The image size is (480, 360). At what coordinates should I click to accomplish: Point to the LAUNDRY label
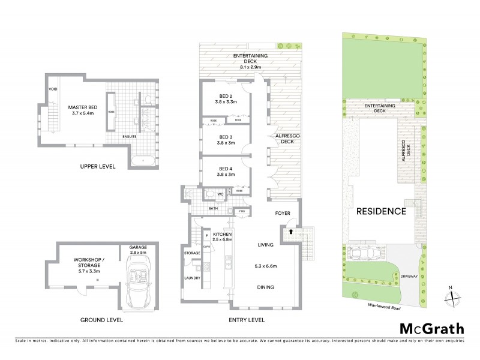[x=192, y=278]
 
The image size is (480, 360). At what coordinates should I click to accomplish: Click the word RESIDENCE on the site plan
[x=382, y=211]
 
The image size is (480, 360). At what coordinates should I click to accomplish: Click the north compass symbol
[x=454, y=295]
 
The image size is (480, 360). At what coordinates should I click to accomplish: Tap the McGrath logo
[x=433, y=328]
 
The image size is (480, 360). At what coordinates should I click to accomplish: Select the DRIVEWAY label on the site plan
[x=420, y=278]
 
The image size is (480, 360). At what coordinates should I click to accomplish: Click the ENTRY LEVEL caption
[x=248, y=320]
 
